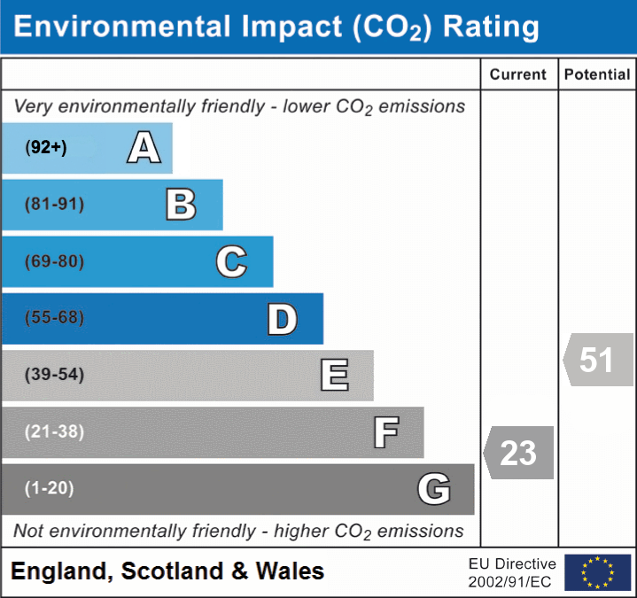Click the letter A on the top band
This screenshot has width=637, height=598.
click(144, 148)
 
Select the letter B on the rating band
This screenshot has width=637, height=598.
click(181, 205)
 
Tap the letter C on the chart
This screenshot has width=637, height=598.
click(231, 261)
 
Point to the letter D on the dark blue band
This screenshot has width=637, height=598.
click(282, 319)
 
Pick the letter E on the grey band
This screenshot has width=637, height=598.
click(334, 375)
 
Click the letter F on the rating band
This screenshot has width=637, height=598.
click(385, 432)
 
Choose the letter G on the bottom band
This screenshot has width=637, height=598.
click(434, 489)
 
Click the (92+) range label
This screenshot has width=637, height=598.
click(46, 148)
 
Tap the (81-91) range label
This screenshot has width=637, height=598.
click(54, 205)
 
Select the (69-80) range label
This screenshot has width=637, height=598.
click(54, 261)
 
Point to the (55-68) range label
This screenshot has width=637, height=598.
click(54, 318)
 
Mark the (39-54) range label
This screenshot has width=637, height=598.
click(54, 375)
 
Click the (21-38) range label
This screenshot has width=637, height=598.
click(54, 432)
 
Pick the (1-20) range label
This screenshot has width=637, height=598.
click(50, 488)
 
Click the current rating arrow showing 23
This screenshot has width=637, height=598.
click(519, 453)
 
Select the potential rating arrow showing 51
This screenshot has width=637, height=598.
click(598, 360)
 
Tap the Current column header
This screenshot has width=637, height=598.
click(518, 75)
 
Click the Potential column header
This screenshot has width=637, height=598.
click(597, 75)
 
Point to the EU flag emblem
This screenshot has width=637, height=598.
click(597, 572)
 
